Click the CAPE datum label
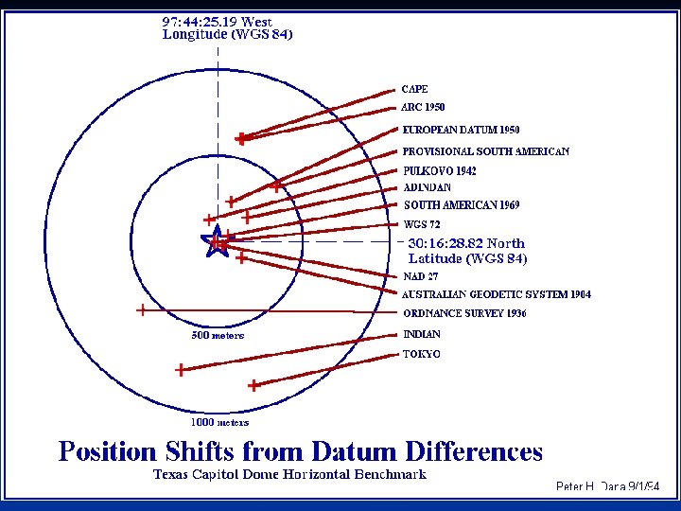click(414, 89)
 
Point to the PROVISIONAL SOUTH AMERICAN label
click(485, 151)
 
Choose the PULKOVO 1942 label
click(440, 171)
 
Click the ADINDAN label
click(428, 187)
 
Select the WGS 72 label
click(422, 225)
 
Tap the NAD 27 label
click(420, 277)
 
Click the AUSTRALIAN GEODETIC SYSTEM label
click(497, 294)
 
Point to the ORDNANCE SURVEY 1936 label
click(464, 313)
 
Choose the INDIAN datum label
click(422, 334)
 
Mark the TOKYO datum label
click(422, 354)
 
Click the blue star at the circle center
click(217, 243)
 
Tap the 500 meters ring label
click(218, 335)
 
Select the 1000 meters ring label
click(219, 422)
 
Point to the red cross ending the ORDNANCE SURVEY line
click(141, 309)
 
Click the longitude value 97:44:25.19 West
click(218, 21)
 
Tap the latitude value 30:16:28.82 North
click(466, 243)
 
